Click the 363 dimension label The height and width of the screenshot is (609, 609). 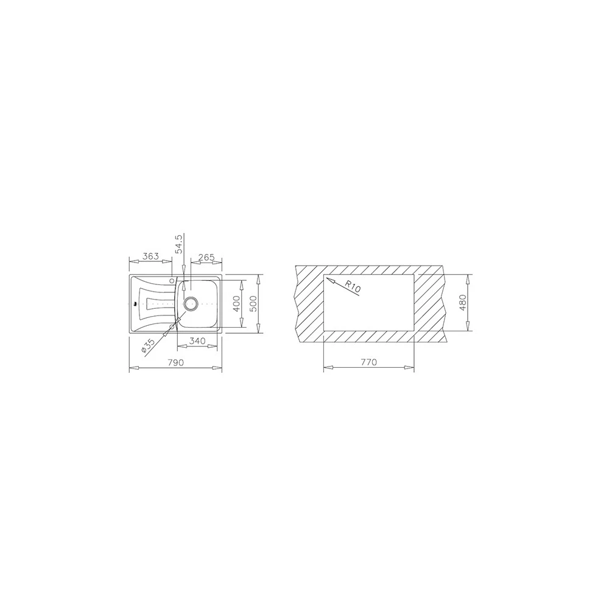pyautogui.click(x=150, y=256)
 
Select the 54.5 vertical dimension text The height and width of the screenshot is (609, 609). pyautogui.click(x=178, y=244)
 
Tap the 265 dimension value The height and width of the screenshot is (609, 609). pyautogui.click(x=206, y=257)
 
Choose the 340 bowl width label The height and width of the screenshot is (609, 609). pyautogui.click(x=197, y=341)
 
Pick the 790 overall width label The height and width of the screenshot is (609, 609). pyautogui.click(x=175, y=362)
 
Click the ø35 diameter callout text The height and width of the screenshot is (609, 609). pyautogui.click(x=149, y=346)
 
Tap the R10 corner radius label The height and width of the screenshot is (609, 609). pyautogui.click(x=353, y=287)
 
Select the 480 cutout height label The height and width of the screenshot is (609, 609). pyautogui.click(x=462, y=303)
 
